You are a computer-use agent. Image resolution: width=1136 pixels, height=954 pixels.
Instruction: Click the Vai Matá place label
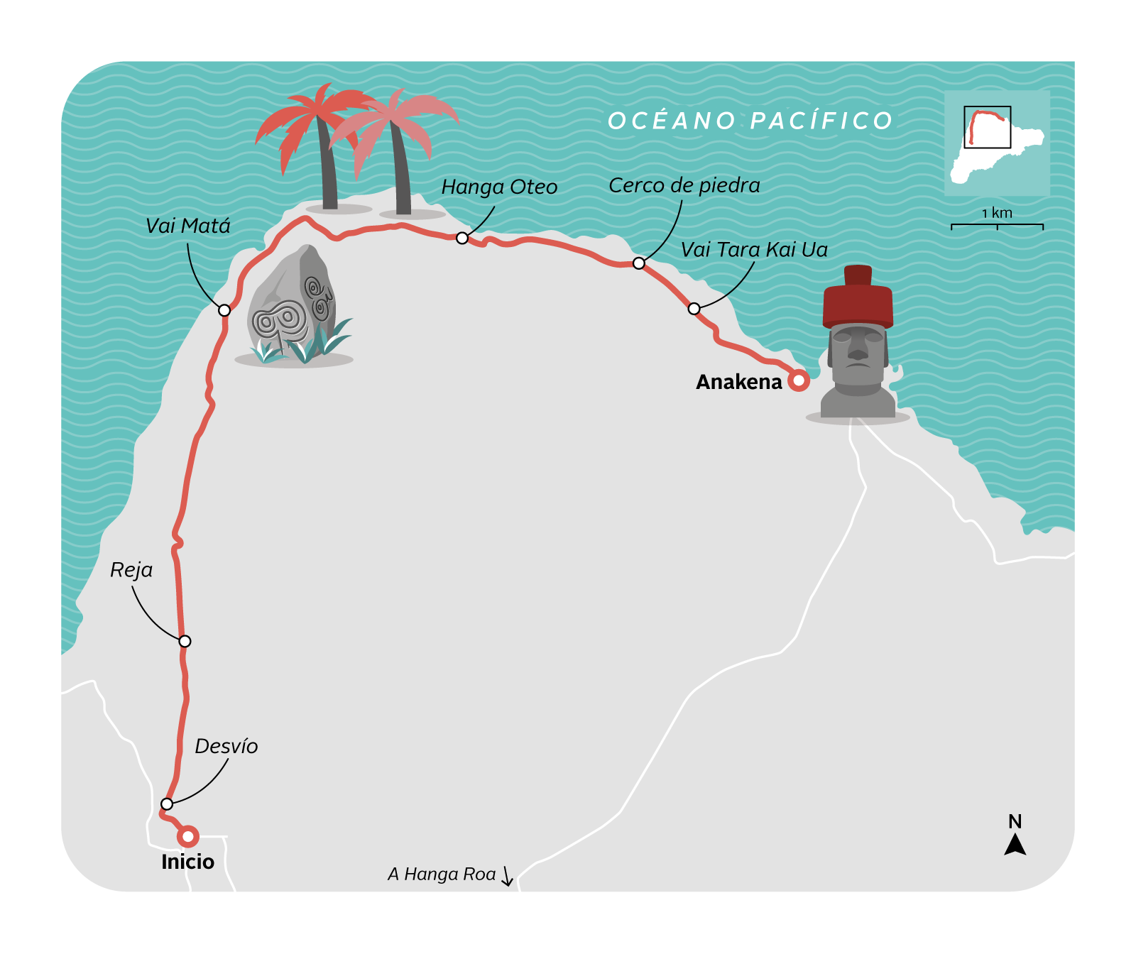coord(188,226)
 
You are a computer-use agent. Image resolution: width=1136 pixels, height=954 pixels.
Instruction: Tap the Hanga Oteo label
coord(499,187)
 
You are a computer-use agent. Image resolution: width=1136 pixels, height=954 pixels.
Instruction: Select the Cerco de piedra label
coord(684,185)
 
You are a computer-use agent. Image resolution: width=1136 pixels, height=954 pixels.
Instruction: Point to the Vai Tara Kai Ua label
coord(754,250)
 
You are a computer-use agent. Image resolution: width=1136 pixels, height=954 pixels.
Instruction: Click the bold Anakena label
coord(738,382)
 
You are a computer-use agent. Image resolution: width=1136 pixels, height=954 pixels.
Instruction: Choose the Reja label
coord(131,570)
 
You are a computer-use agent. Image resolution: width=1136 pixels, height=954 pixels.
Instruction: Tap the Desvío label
coord(226,746)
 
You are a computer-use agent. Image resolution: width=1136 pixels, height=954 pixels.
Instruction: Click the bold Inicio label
coord(187,862)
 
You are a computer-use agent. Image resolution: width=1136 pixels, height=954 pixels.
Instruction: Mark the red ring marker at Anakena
coord(799,380)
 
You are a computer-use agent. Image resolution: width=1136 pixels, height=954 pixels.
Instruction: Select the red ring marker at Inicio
coord(188,836)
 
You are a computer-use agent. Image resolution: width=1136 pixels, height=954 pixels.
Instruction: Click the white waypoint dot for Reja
coord(185,641)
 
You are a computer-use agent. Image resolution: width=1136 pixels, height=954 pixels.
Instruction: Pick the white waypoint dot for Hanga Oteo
coord(462,238)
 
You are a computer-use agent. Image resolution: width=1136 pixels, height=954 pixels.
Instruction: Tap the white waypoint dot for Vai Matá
coord(224,310)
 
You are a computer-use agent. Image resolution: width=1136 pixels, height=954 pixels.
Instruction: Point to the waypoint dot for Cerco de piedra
coord(639,263)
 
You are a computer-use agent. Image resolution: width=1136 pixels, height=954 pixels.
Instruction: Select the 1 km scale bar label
coord(997,213)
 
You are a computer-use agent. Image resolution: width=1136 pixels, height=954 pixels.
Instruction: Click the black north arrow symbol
coord(1015,845)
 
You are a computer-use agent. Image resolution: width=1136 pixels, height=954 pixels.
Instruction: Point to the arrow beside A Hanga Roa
coord(507,876)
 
